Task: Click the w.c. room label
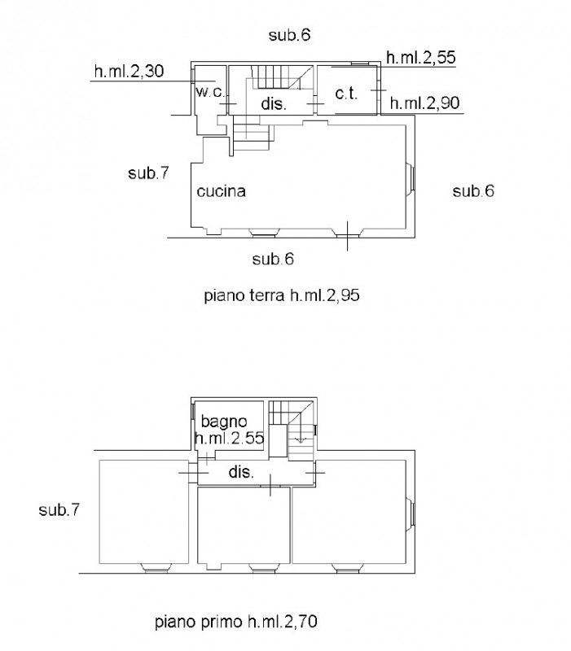coord(209,92)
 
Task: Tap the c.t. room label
coord(346,94)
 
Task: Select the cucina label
coord(221,191)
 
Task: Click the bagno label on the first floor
coord(224,422)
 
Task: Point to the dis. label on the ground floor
coord(274,103)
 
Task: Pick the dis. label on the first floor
coord(241,472)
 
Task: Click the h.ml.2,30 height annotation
coord(129,72)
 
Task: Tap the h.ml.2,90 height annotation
coord(424,103)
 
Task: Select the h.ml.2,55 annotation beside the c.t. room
coord(420,57)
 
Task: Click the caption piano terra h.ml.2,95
coord(282,296)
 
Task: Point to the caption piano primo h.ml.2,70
coord(236,622)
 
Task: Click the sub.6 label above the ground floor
coord(290,35)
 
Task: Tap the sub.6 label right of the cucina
coord(473,191)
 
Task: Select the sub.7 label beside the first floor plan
coord(59,510)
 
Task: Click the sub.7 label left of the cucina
coord(148,173)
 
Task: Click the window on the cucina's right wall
coord(411,177)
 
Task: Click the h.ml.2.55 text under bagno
coord(229,438)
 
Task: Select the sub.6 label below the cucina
coord(273,259)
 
